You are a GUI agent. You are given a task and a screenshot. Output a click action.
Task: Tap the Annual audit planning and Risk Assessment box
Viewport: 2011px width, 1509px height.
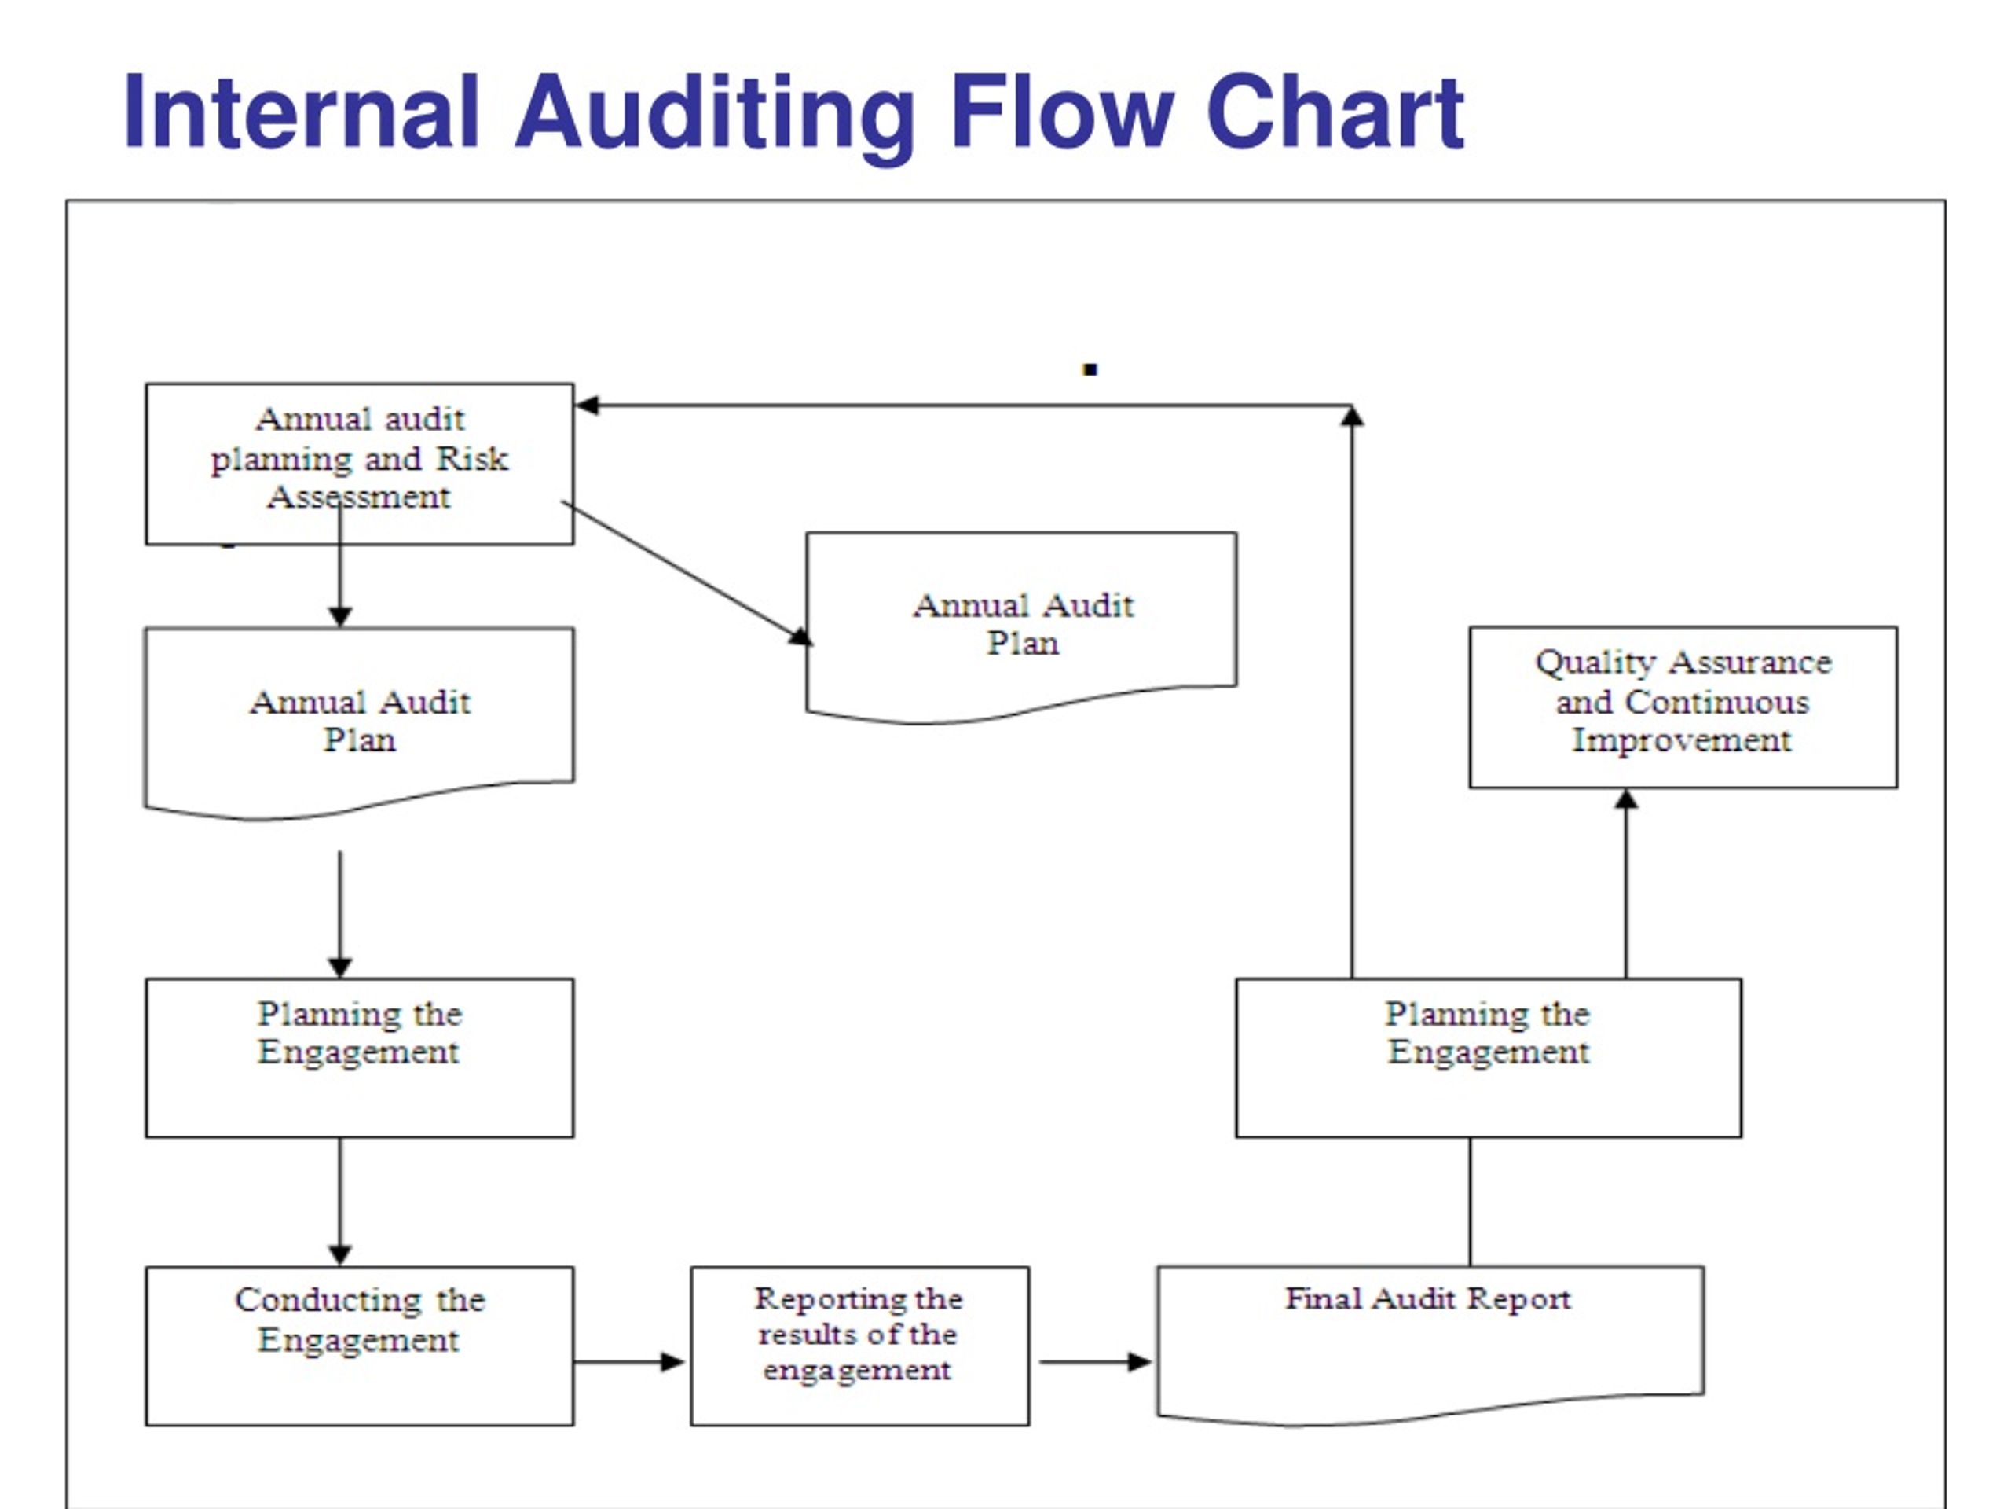[359, 464]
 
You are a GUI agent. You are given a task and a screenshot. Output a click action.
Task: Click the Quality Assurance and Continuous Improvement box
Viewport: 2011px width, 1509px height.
[1683, 707]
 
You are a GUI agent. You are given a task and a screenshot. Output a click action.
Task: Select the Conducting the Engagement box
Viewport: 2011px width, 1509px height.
[359, 1346]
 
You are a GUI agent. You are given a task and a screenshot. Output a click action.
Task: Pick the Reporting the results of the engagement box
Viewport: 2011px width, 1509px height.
[860, 1346]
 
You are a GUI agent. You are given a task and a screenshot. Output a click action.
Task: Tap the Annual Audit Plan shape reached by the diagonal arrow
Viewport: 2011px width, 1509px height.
[1021, 626]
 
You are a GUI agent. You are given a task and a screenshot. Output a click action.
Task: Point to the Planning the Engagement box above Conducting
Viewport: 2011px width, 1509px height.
[359, 1058]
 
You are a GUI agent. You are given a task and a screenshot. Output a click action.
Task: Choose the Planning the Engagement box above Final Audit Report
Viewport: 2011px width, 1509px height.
[1489, 1058]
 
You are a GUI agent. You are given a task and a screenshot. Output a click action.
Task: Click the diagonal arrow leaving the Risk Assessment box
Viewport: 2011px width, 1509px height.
[687, 573]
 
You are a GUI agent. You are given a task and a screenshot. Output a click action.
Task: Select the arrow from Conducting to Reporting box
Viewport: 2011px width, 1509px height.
[629, 1362]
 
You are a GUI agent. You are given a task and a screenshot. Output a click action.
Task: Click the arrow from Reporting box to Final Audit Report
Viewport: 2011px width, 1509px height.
[1096, 1362]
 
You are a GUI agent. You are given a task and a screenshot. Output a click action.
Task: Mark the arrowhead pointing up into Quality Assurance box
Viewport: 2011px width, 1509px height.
[1626, 799]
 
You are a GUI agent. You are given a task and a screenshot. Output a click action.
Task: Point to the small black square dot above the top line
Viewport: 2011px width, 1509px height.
[1090, 369]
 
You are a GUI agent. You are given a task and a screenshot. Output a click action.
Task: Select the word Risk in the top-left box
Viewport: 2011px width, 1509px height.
[472, 458]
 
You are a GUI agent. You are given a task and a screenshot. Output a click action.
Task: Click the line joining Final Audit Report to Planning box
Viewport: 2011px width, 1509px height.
[1470, 1202]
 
